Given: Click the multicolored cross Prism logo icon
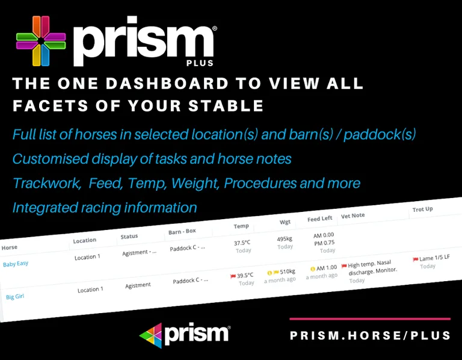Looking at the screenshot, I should point(41,40).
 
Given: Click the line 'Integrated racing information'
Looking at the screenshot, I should point(105,208).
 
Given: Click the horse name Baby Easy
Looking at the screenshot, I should point(16,264).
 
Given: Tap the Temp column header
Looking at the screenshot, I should point(241,226).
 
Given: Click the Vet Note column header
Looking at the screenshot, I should point(354,216).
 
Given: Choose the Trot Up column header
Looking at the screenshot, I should point(423,209).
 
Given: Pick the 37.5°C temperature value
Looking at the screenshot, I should point(243,243).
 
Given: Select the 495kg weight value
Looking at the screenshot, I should point(285,238).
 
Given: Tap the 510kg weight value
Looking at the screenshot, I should point(285,272).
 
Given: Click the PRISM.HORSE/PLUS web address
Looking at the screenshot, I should point(370,335).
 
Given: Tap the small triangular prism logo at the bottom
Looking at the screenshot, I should point(150,335).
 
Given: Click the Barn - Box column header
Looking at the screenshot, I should point(183,232).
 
